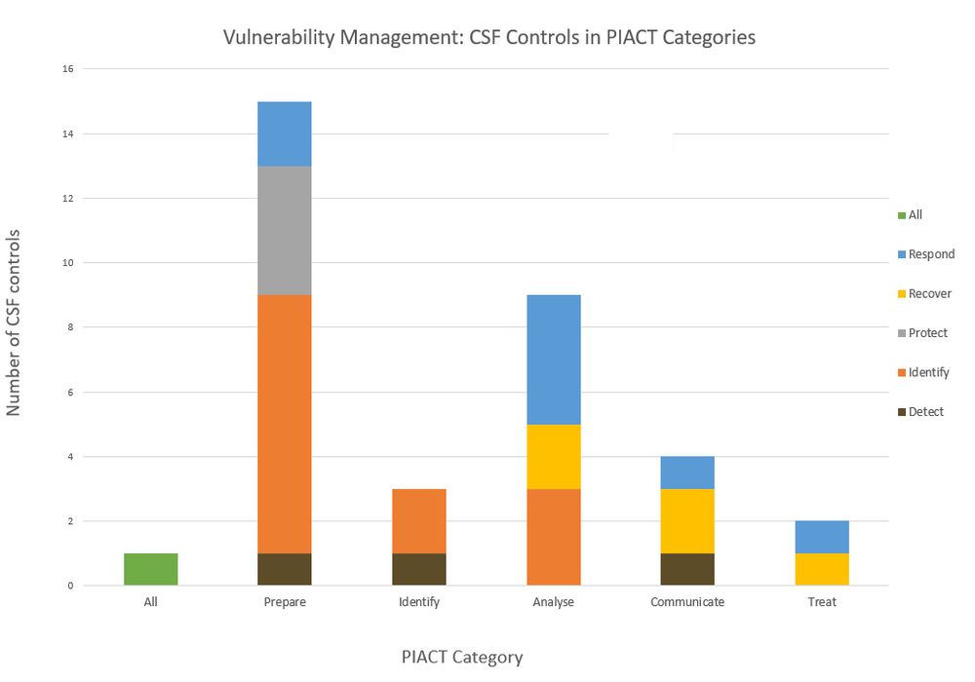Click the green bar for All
[150, 569]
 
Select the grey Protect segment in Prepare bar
[285, 230]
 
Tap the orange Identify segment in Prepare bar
[285, 424]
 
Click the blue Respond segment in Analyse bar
[553, 359]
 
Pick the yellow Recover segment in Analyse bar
[553, 456]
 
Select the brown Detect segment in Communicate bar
[687, 569]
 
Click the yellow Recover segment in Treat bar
[822, 569]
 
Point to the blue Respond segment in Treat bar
[822, 537]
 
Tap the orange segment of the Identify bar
[419, 520]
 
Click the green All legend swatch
[901, 215]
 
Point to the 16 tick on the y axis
[68, 69]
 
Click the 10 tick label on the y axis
[68, 263]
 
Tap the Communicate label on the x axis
[687, 602]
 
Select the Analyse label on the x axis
[553, 602]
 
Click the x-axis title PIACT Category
[462, 657]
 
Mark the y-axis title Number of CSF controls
[14, 322]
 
